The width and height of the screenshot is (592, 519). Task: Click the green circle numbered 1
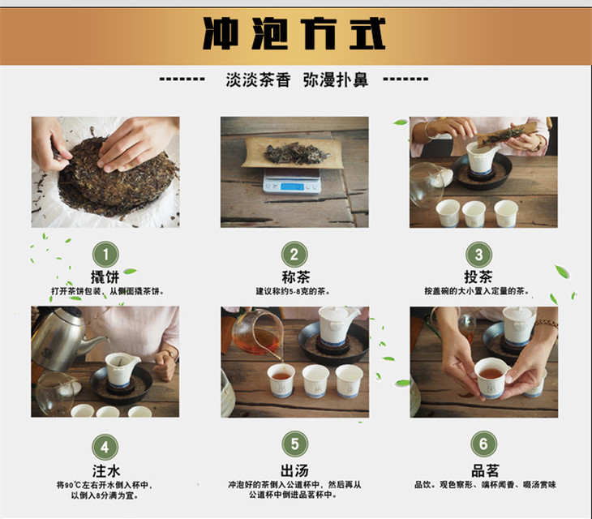(x=105, y=255)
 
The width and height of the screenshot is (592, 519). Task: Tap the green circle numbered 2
(x=294, y=255)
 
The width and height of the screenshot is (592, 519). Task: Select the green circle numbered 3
(x=478, y=255)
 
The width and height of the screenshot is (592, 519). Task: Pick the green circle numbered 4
(x=105, y=448)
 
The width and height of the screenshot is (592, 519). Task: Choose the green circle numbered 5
(x=295, y=444)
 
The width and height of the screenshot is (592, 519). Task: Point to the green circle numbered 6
(x=483, y=444)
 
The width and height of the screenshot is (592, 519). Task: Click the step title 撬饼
(x=105, y=277)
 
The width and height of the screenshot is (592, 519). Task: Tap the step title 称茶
(x=296, y=277)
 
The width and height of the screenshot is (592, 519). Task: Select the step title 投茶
(x=478, y=277)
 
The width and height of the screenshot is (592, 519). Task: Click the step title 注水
(x=106, y=471)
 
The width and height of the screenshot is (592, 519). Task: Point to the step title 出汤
(x=294, y=470)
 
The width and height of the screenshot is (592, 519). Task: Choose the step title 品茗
(x=485, y=470)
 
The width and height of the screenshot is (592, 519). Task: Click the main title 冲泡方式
(x=294, y=33)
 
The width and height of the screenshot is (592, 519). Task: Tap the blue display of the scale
(x=292, y=187)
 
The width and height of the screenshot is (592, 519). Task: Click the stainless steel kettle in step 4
(x=62, y=339)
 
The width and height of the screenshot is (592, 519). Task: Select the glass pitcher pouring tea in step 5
(x=258, y=333)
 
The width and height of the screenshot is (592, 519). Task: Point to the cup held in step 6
(x=492, y=378)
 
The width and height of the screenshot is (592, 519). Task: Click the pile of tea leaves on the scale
(x=296, y=153)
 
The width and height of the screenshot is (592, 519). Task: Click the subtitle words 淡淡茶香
(x=258, y=79)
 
